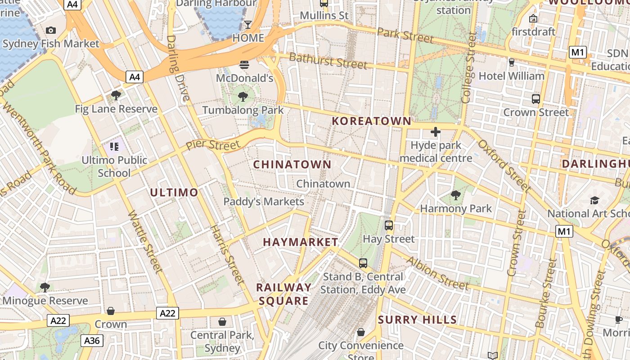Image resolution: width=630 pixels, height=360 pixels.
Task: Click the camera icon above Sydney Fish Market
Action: (51, 30)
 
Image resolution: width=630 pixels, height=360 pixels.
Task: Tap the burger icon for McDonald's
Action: (244, 64)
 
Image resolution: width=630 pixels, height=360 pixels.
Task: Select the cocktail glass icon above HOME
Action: (248, 24)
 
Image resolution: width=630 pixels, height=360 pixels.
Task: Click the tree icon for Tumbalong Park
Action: (243, 96)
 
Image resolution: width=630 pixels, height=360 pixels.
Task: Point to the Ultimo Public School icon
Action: (114, 146)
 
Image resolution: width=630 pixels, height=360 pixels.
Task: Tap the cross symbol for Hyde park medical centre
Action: (435, 132)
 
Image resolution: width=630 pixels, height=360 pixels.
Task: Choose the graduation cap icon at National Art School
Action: (595, 200)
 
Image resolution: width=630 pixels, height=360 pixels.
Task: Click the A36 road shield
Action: (92, 341)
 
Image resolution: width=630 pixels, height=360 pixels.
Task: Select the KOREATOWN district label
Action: (371, 121)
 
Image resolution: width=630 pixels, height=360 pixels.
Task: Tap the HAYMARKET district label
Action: (300, 242)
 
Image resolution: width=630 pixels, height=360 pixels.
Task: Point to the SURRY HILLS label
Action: (417, 320)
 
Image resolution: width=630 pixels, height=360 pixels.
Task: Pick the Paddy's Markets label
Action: (264, 202)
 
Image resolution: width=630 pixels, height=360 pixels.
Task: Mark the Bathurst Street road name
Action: (328, 60)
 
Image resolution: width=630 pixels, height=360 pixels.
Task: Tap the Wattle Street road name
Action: (145, 242)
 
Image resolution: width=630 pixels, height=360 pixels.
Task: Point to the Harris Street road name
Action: (228, 254)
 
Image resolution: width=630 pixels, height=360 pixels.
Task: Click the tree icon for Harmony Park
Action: (456, 195)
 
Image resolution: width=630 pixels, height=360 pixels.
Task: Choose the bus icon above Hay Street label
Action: (389, 225)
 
